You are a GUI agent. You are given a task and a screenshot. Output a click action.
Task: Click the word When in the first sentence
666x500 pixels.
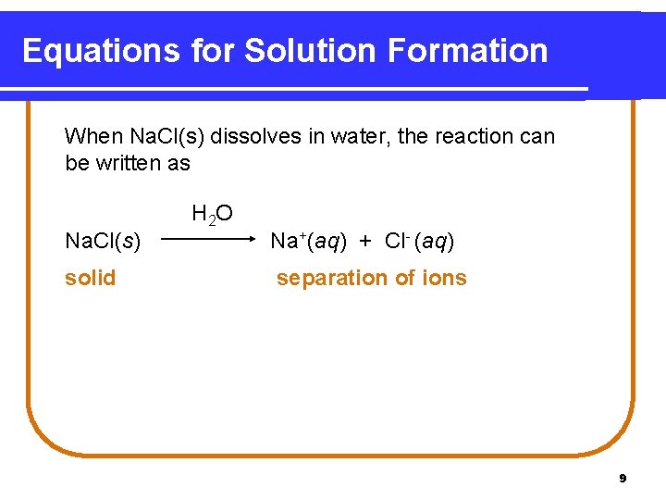[93, 137]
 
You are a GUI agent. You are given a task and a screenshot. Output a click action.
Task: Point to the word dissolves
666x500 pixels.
[253, 137]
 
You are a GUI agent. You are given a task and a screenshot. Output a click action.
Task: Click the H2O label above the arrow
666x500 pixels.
[212, 215]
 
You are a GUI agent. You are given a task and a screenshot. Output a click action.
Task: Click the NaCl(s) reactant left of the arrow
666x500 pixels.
[103, 242]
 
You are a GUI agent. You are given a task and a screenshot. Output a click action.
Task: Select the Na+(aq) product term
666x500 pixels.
[308, 242]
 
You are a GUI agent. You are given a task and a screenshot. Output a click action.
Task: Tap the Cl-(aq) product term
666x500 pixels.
[418, 242]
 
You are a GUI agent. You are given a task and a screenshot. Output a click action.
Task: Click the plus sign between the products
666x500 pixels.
[366, 242]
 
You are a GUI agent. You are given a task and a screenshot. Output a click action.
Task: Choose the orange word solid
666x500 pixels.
[90, 278]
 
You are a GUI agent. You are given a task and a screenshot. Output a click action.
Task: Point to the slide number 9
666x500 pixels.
[623, 479]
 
